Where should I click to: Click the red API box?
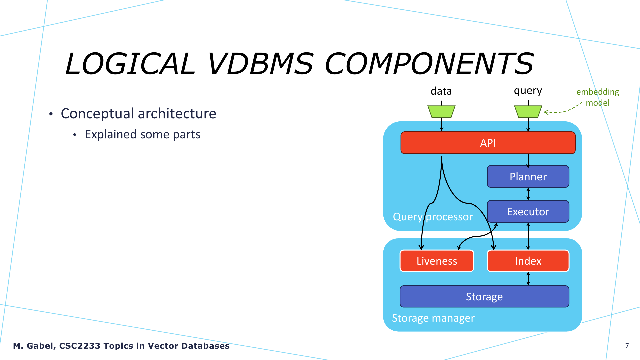point(488,143)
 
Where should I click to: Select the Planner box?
point(528,176)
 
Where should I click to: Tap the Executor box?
point(528,211)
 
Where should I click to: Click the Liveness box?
point(437,261)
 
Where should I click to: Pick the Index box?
point(528,261)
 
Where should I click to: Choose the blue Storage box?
point(484,296)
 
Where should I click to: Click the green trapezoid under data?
point(441,112)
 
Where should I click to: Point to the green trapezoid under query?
point(528,112)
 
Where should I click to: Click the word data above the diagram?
point(441,91)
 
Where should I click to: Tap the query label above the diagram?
point(528,91)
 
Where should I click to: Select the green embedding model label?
point(598,97)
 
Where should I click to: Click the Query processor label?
point(433,217)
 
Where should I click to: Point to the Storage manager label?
point(433,318)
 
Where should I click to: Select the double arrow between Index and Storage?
point(528,279)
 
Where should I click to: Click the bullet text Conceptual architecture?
point(138,114)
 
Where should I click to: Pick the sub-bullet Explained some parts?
point(142,134)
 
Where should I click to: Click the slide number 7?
point(627,346)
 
